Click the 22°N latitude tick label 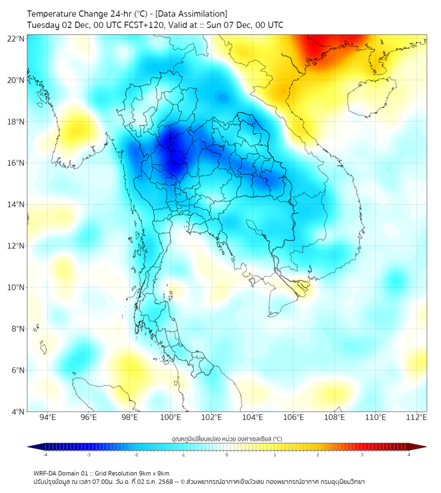16,38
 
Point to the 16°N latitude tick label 16,163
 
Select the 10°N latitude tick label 16,288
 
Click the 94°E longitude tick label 48,418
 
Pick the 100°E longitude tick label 171,418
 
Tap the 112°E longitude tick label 417,418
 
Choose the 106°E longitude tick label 294,418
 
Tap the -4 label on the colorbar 45,455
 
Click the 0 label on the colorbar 227,455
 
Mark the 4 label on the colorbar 409,455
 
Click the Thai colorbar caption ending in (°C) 226,440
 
